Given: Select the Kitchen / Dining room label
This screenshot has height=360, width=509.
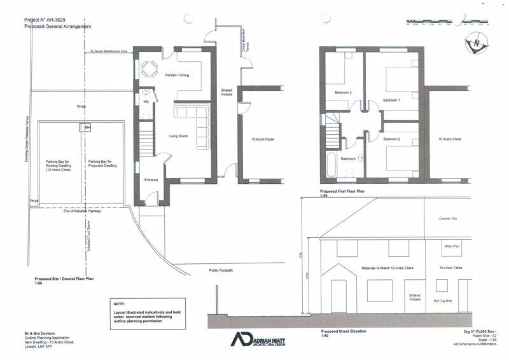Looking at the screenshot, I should click(x=178, y=76).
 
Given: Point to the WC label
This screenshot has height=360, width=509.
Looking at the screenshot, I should click(x=146, y=101).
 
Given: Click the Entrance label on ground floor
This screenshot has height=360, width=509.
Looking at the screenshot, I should click(x=151, y=180).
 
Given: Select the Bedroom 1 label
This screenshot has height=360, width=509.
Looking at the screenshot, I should click(x=392, y=100).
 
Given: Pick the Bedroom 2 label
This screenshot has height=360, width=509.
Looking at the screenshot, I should click(x=392, y=139).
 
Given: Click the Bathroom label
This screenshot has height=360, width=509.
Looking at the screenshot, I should click(x=348, y=158).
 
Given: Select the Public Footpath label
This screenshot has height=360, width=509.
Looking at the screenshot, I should click(x=221, y=270).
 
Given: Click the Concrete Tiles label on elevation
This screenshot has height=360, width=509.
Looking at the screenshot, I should click(x=449, y=218).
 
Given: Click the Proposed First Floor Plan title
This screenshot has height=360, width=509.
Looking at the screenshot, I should click(x=341, y=191).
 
